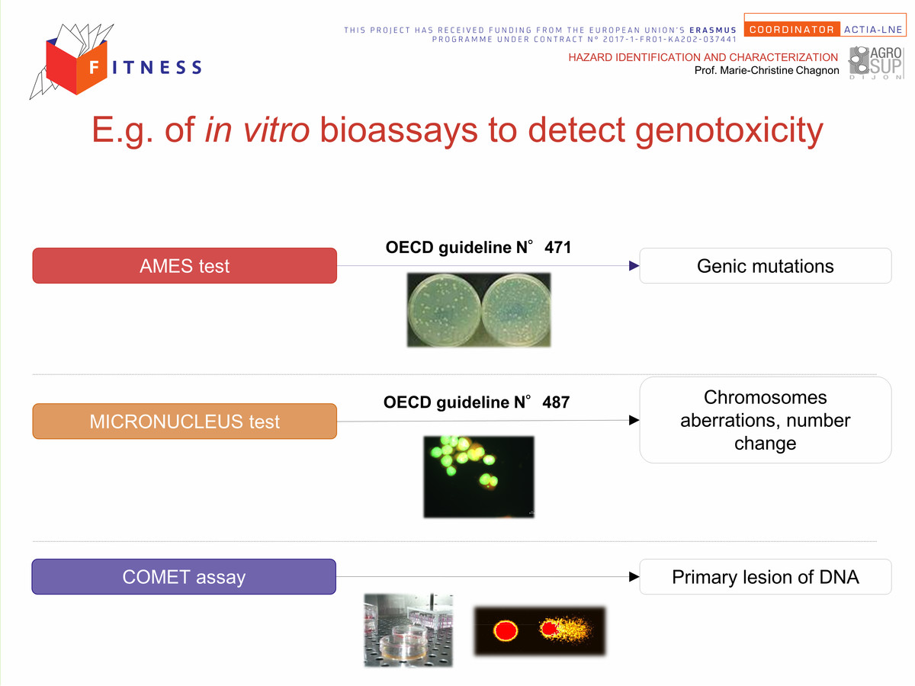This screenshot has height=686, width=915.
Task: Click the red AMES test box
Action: point(185,266)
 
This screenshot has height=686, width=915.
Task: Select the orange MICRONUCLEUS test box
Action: point(185,421)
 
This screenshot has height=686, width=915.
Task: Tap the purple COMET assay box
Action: point(184,576)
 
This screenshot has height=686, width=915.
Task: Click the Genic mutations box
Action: point(766,266)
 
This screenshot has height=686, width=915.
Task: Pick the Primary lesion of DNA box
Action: point(766,576)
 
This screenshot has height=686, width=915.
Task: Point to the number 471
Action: point(557,248)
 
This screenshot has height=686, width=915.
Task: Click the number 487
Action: point(556,402)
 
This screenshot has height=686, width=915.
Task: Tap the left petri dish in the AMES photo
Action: point(445,309)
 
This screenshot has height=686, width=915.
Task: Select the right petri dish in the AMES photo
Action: point(516,309)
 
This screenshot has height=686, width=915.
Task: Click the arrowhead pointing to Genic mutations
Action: point(634,266)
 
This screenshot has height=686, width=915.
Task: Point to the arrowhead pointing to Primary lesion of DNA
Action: point(634,576)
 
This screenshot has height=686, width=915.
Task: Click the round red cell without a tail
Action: point(506,630)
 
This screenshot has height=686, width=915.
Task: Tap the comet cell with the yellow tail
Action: point(565,629)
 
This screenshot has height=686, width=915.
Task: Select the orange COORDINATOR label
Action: point(791,30)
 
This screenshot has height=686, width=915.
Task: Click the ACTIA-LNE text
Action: point(873,30)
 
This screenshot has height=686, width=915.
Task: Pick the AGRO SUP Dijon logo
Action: point(876,63)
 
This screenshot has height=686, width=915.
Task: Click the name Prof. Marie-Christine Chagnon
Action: point(766,70)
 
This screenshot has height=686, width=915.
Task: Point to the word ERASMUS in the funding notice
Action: point(713,30)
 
